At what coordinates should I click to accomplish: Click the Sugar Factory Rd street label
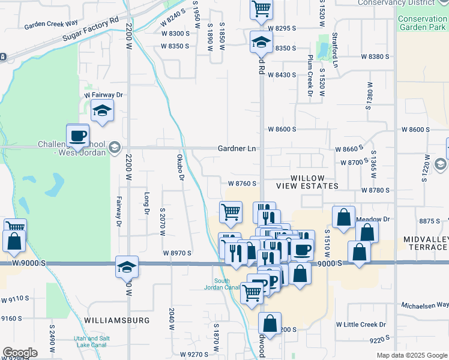point(90,31)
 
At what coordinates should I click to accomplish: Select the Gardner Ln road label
point(237,148)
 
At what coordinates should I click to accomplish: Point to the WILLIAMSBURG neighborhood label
point(117,320)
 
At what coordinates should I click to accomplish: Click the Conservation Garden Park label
point(422,23)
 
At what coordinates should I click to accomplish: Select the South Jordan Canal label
point(228,284)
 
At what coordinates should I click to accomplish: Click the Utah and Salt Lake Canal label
point(92,342)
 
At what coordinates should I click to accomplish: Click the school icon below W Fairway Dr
point(103,111)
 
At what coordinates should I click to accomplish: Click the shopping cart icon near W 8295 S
point(261,9)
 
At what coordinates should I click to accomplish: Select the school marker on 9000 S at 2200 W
point(127,266)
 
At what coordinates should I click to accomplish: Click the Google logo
point(20,353)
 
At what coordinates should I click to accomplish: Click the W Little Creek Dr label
point(361,325)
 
